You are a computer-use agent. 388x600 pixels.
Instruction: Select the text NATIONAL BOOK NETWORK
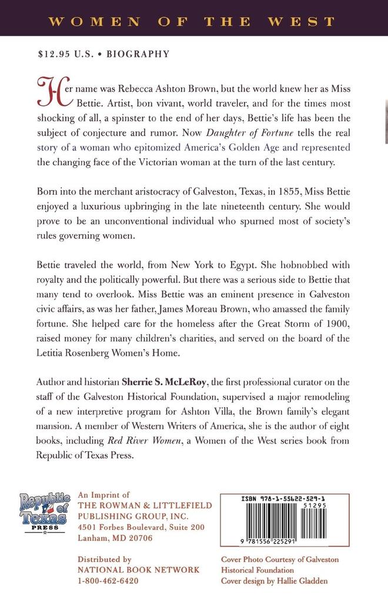(138, 570)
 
